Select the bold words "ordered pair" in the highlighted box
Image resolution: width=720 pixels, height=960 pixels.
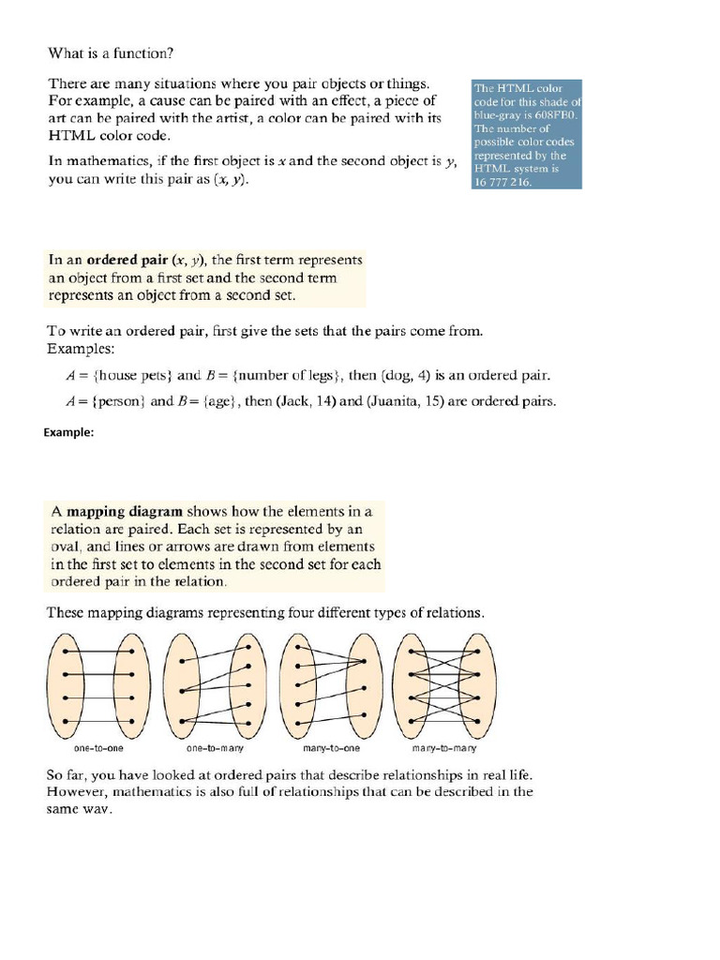coord(127,260)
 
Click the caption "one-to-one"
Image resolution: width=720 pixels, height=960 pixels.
coord(98,749)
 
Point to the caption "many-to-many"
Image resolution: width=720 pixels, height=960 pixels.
coord(444,749)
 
